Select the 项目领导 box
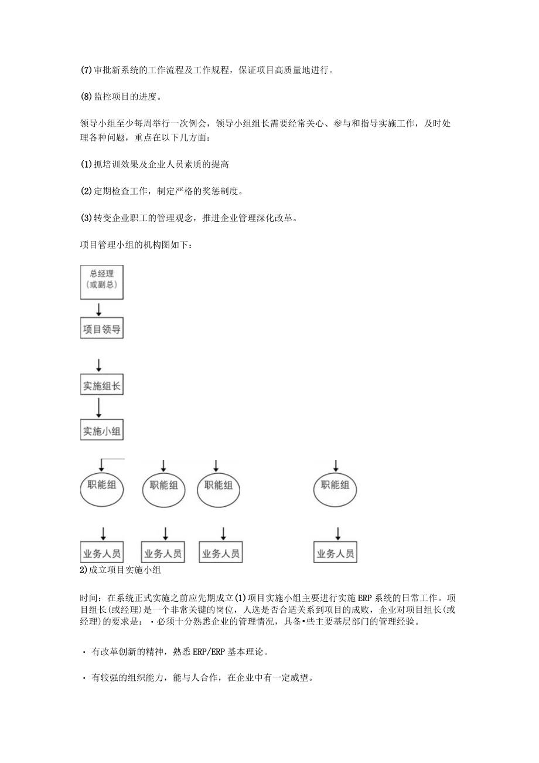[x=101, y=329]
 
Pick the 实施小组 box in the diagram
[x=101, y=430]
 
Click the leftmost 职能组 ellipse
[x=101, y=486]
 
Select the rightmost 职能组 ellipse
[x=335, y=486]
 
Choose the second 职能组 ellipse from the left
[x=165, y=487]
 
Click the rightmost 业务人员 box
[x=335, y=552]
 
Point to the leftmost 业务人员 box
[x=101, y=552]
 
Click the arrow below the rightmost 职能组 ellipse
[x=337, y=533]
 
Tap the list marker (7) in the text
[x=86, y=70]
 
